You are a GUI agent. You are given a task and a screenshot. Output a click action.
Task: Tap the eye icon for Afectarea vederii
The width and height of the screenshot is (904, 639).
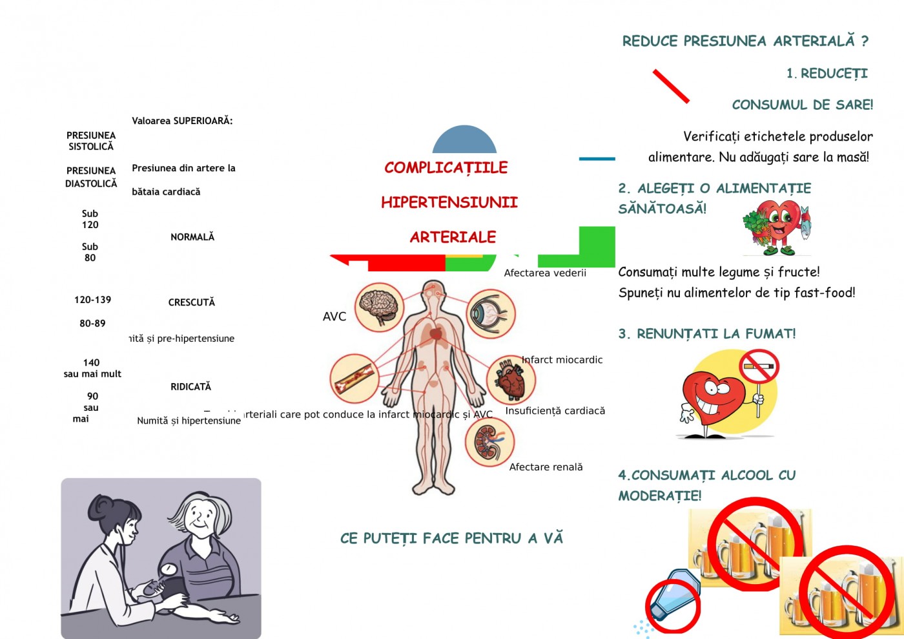(491, 313)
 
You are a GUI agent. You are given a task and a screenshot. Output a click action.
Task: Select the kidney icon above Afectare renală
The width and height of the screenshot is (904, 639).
(489, 443)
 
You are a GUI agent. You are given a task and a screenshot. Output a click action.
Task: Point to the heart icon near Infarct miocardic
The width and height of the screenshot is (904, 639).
(511, 380)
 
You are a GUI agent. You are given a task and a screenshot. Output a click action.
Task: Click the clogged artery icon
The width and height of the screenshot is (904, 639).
(354, 379)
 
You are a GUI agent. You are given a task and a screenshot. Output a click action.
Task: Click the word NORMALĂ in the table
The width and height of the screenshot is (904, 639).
(192, 237)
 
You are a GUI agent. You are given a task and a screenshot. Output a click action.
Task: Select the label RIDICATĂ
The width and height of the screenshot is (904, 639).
(190, 386)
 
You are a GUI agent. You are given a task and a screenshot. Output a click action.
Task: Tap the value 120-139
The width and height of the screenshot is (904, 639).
(92, 300)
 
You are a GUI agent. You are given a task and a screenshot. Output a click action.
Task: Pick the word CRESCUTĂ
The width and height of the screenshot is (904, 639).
(191, 302)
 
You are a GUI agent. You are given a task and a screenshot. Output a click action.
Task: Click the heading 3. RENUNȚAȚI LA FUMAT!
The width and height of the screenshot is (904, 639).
(707, 334)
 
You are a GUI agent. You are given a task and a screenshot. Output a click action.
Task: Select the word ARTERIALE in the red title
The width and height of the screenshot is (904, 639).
(453, 237)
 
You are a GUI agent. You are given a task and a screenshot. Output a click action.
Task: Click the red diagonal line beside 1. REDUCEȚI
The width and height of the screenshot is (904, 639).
(671, 86)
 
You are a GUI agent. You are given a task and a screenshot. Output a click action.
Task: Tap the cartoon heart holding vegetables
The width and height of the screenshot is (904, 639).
(776, 227)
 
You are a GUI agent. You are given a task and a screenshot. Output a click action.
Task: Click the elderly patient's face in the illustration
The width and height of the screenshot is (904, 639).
(202, 518)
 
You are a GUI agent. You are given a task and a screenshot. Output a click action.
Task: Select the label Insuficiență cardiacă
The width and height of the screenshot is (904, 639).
(555, 411)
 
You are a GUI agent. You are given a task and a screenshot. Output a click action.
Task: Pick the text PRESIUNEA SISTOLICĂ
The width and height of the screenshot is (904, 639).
(91, 141)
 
